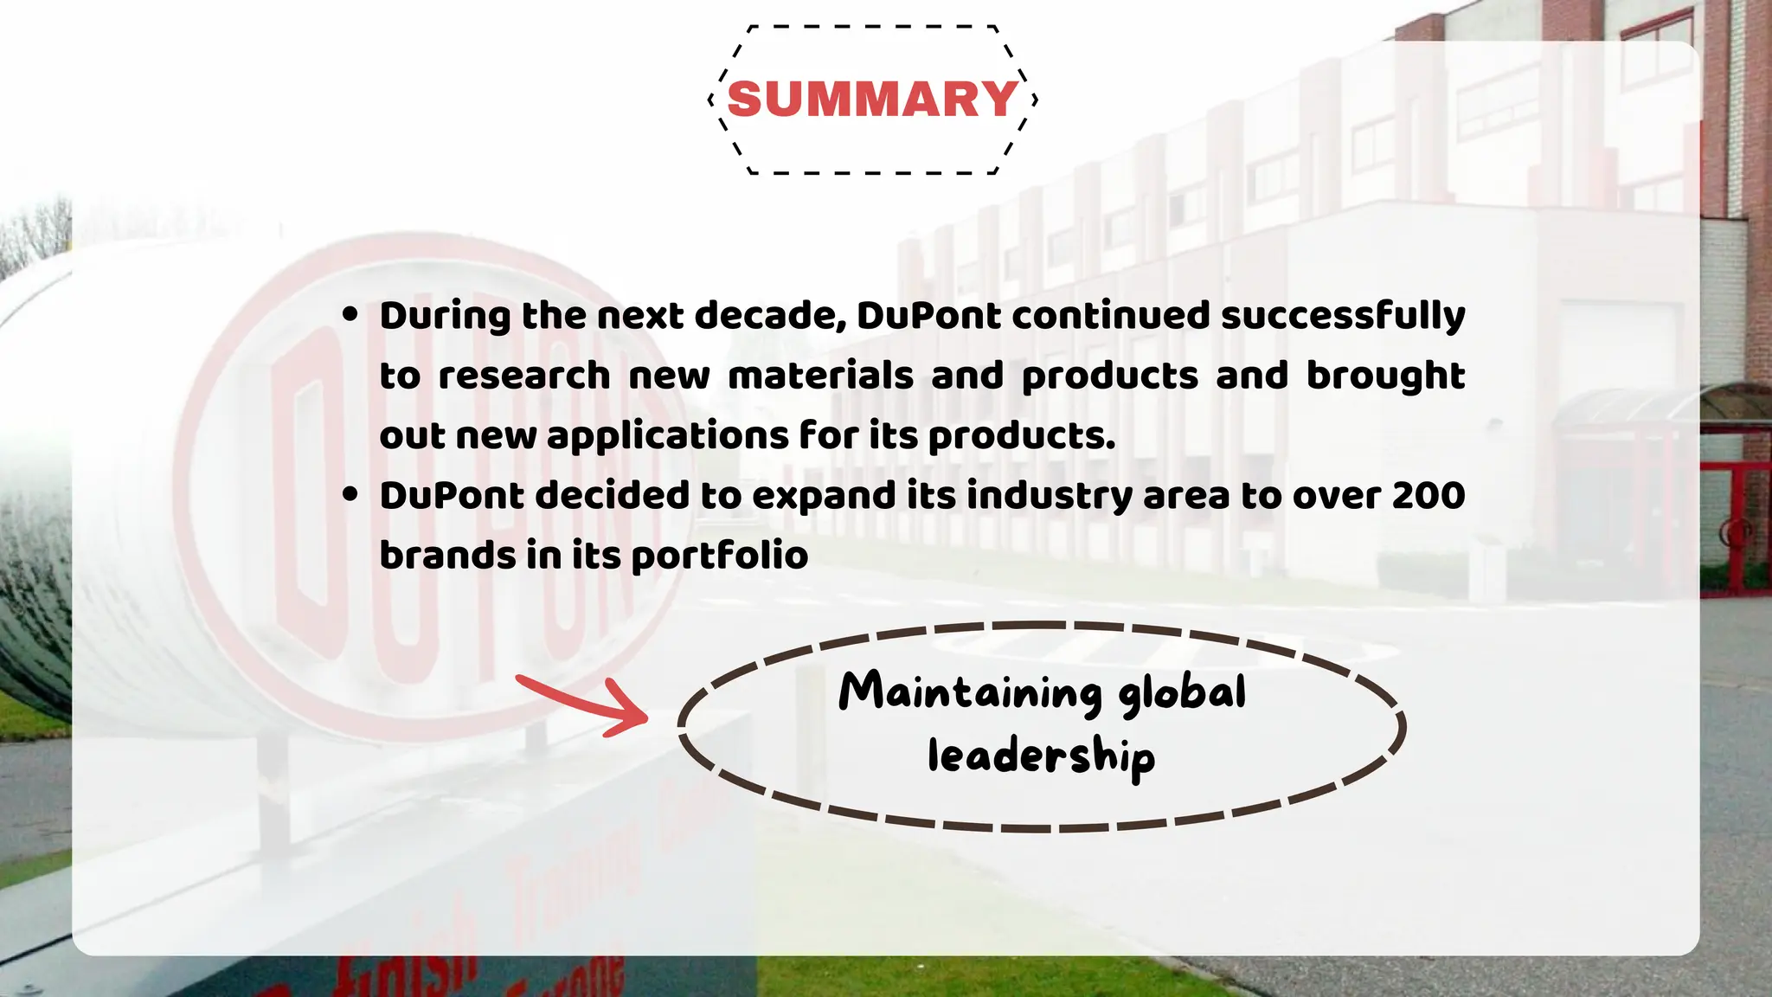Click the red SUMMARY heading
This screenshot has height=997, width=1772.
click(x=872, y=99)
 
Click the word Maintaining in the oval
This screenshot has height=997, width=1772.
click(x=970, y=692)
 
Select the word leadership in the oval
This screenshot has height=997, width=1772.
click(x=1041, y=756)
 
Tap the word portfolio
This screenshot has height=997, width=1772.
click(x=720, y=556)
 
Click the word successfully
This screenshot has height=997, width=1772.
click(x=1342, y=316)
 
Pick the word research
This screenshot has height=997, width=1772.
click(x=524, y=376)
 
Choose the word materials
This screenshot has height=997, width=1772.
click(x=820, y=376)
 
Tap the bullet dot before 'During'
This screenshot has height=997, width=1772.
click(x=350, y=314)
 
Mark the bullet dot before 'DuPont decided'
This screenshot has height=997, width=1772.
click(x=350, y=494)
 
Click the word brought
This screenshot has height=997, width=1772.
click(x=1384, y=376)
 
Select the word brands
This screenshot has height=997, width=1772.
click(x=447, y=556)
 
